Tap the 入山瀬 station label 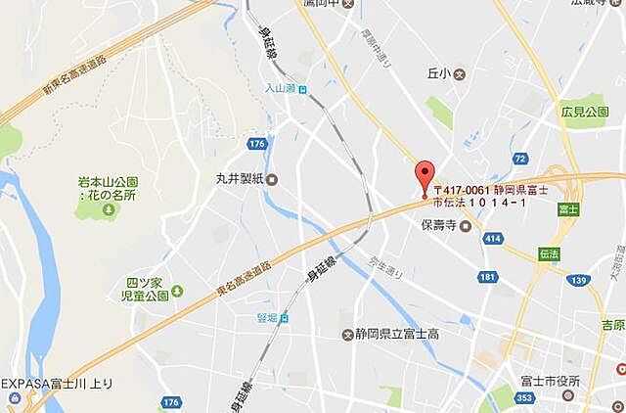click(279, 88)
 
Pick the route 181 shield click(487, 279)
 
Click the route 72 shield click(519, 158)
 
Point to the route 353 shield click(524, 398)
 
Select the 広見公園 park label click(584, 113)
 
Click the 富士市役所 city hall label click(551, 381)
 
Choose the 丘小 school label click(441, 73)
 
